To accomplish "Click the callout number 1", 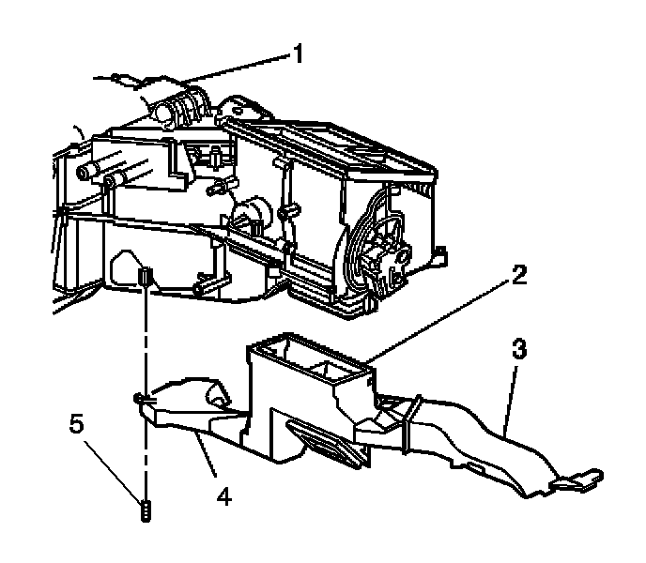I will click(298, 53).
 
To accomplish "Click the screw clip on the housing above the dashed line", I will click(146, 279).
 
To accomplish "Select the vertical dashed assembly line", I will click(146, 375).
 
